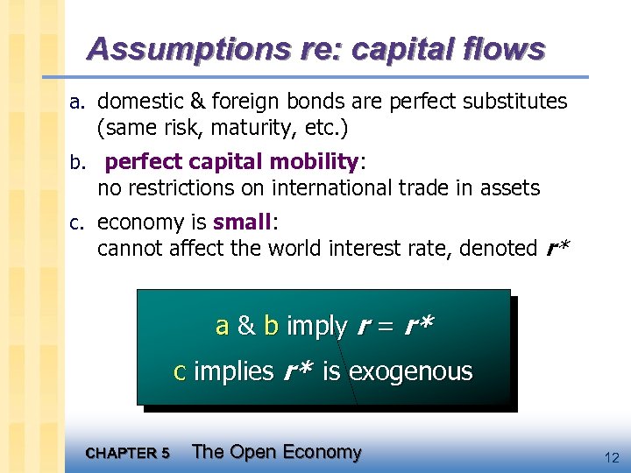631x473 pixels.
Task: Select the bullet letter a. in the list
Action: click(x=78, y=102)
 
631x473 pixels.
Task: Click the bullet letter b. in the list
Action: click(x=78, y=163)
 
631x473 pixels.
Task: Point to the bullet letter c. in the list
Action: click(x=78, y=222)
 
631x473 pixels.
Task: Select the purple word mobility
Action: click(x=315, y=162)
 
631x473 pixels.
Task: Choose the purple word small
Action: click(x=243, y=222)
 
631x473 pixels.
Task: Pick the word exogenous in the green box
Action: click(x=410, y=372)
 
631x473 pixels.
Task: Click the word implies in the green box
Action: click(x=233, y=372)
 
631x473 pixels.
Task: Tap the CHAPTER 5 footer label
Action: click(x=127, y=453)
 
